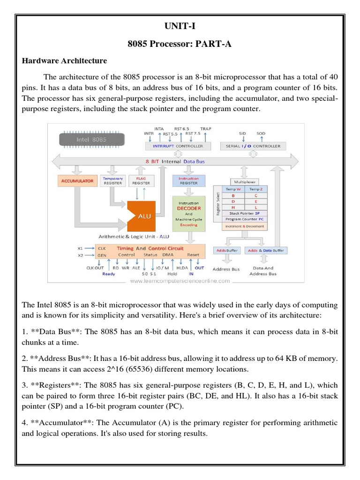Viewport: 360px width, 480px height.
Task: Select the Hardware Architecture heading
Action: click(x=65, y=61)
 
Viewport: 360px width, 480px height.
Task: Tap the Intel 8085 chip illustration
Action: click(x=92, y=139)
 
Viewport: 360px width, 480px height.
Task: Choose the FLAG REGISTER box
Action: click(x=141, y=180)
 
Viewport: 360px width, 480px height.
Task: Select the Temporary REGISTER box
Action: click(x=112, y=180)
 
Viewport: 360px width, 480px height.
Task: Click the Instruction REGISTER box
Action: click(x=188, y=180)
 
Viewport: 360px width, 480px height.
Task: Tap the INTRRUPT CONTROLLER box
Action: click(x=179, y=146)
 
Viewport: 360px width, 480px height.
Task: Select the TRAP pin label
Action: click(x=205, y=128)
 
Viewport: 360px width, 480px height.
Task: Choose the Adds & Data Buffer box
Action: click(x=266, y=251)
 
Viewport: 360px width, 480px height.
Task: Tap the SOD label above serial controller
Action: click(x=261, y=133)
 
